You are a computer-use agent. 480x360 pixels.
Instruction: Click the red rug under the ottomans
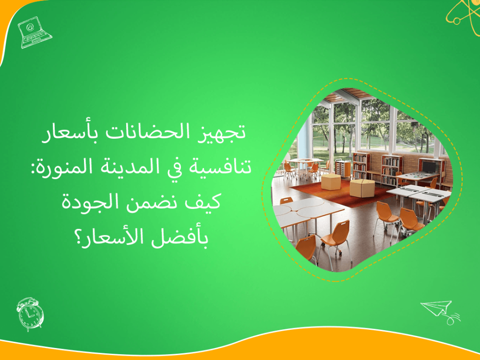tap(336, 192)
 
